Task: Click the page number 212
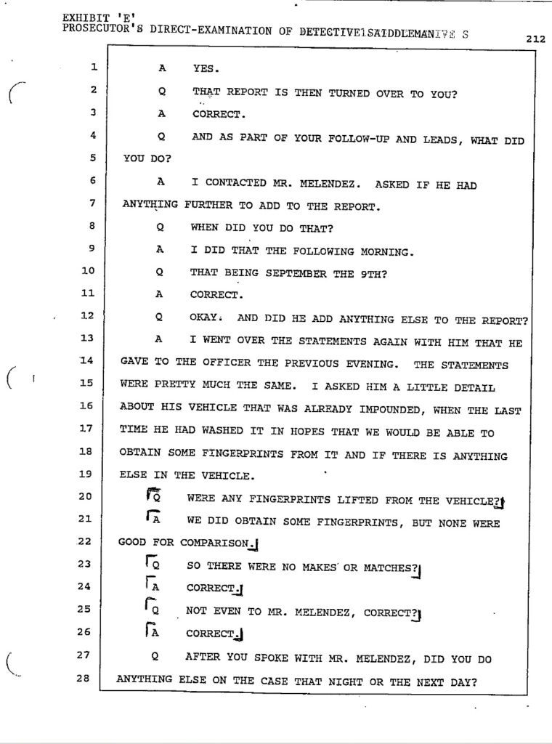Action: click(535, 41)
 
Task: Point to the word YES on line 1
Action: click(203, 70)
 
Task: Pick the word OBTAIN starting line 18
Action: click(139, 454)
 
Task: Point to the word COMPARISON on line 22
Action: click(214, 543)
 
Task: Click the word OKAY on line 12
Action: click(206, 318)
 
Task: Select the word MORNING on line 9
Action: click(385, 251)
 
